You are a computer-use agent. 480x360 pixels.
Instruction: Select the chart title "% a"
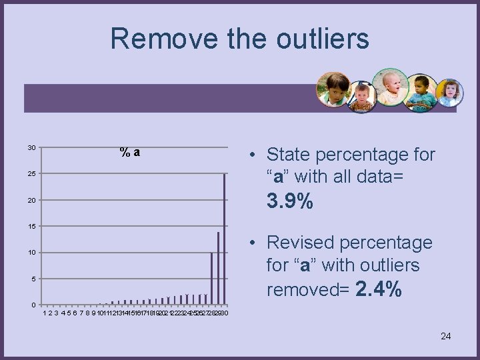pos(130,152)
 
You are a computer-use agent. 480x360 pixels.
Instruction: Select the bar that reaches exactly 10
pos(212,279)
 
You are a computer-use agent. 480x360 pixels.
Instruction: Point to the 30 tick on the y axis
pos(32,147)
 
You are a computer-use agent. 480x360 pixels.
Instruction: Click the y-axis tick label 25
pos(32,174)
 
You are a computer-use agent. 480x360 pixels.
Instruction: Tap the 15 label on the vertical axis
pos(32,227)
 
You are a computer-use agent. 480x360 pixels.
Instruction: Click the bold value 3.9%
pos(289,201)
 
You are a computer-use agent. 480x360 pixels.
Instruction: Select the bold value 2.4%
pos(378,289)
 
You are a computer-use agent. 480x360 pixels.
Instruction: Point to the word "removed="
pos(308,290)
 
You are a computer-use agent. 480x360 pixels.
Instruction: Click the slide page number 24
pos(445,336)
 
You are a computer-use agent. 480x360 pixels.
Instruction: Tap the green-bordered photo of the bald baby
pos(390,87)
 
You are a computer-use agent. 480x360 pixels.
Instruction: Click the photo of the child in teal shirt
pos(421,93)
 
